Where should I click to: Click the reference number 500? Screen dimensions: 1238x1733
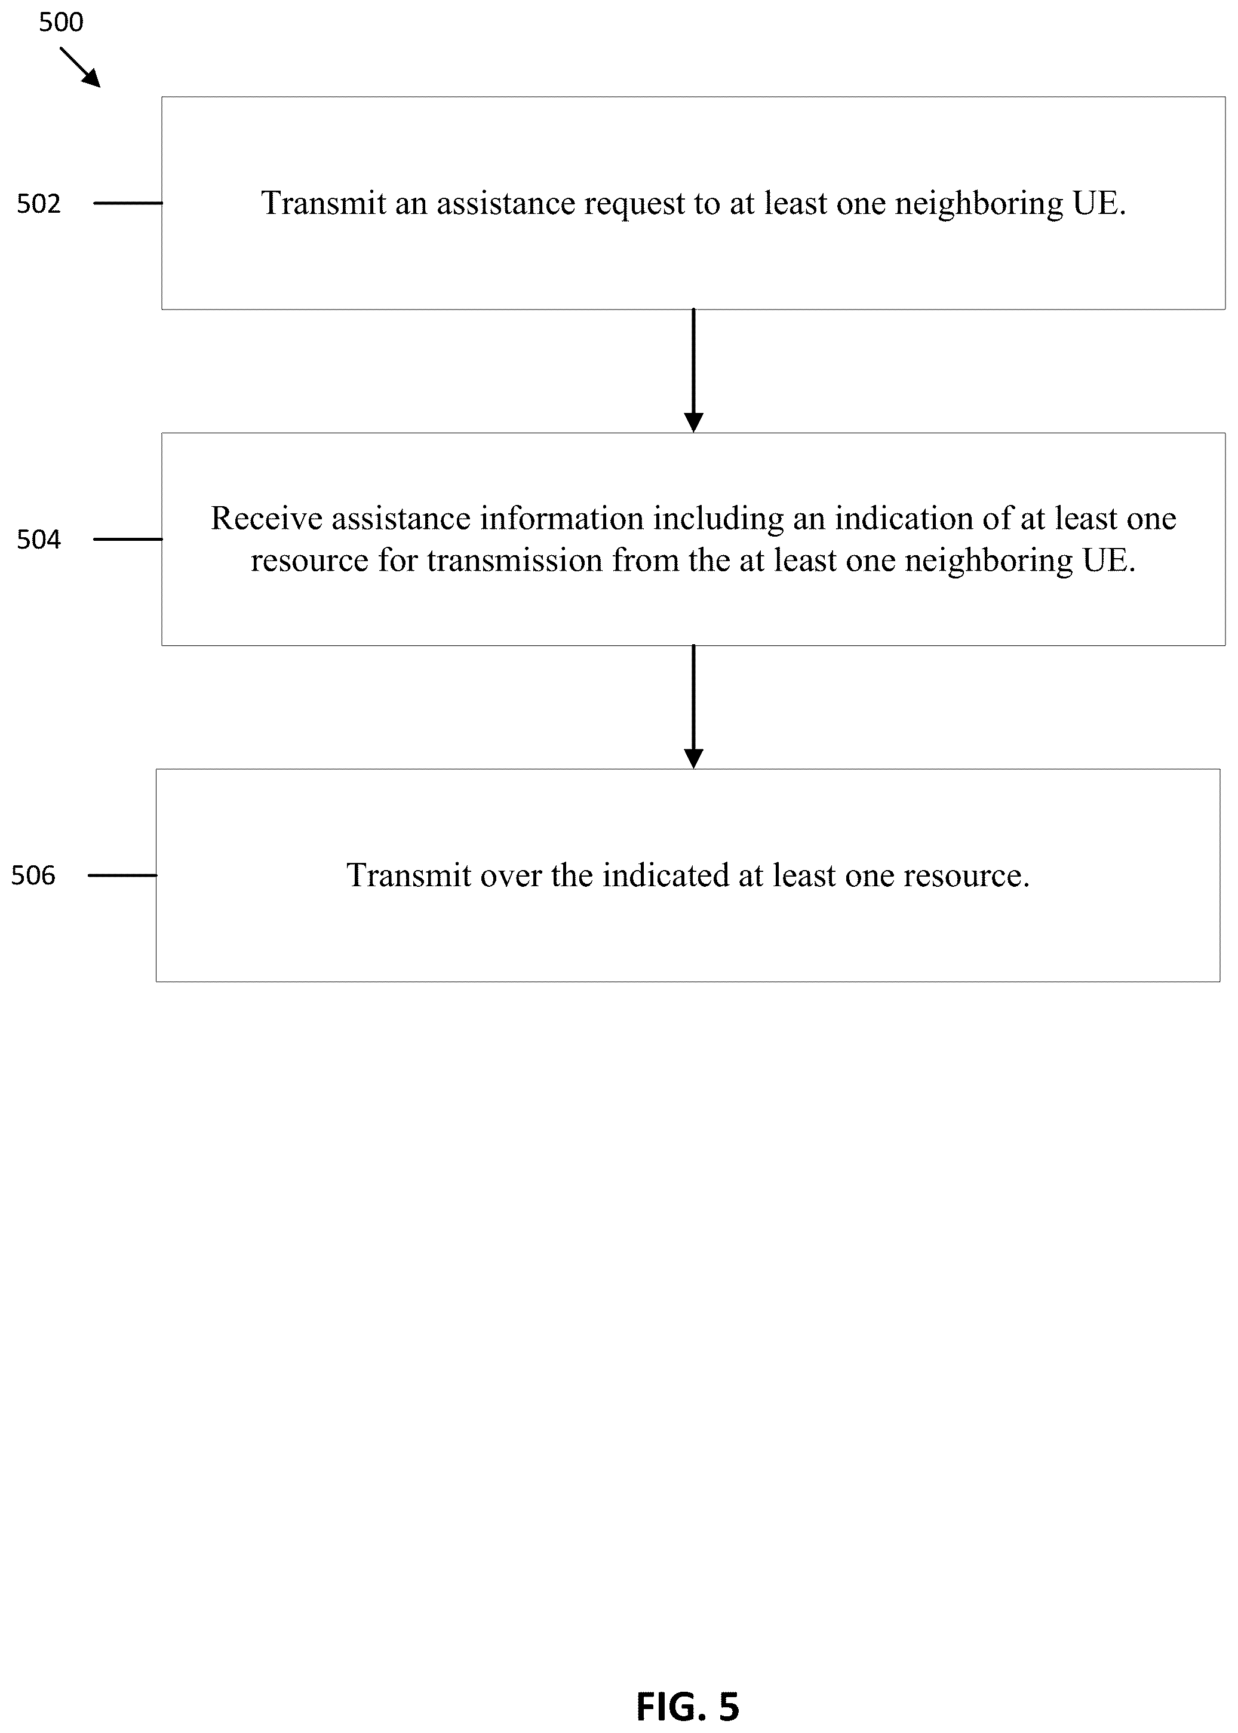(61, 22)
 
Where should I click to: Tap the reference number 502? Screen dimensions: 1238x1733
(39, 204)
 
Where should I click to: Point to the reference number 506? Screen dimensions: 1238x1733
(33, 875)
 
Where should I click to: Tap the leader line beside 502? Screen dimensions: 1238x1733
(128, 203)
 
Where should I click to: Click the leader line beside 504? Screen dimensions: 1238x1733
(128, 539)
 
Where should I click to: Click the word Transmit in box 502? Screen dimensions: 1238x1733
(324, 203)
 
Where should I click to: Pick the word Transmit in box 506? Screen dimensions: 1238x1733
(408, 875)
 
